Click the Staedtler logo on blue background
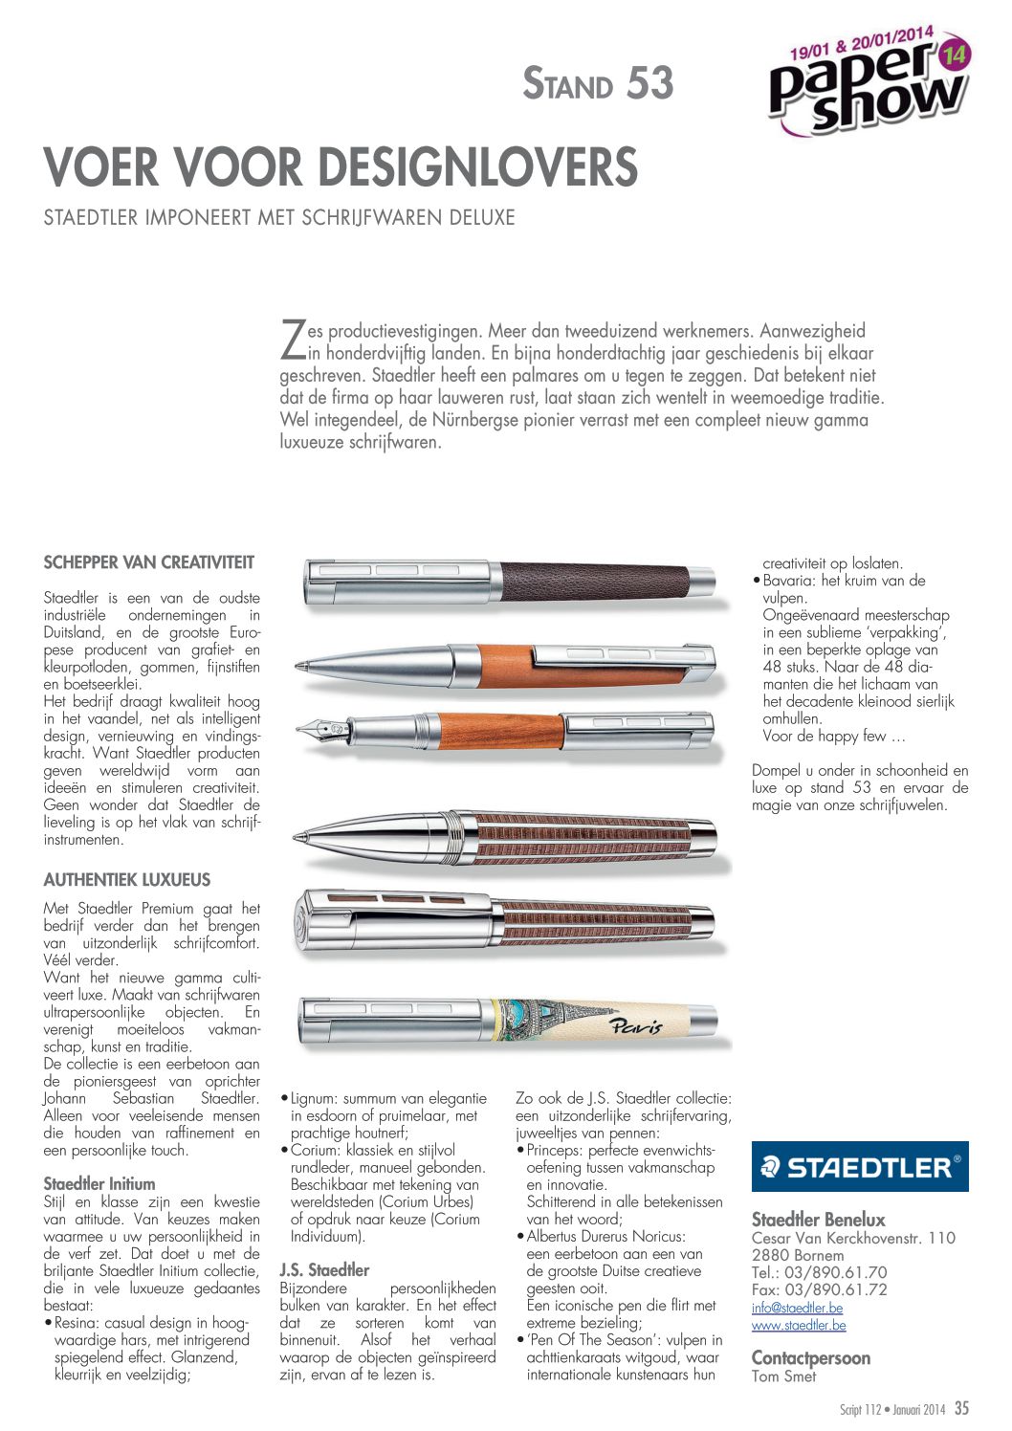coord(859,1166)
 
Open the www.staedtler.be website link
coord(799,1325)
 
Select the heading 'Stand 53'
coord(598,84)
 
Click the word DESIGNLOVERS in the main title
coord(479,168)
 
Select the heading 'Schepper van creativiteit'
coord(149,562)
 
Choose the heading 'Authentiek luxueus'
coord(127,880)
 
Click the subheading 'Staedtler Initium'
coord(99,1183)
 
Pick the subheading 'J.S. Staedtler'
coord(324,1270)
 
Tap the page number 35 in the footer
coord(961,1408)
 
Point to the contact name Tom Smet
coord(784,1376)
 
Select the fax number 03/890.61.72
coord(820,1289)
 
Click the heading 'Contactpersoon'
coord(811,1357)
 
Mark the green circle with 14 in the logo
coord(955,55)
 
